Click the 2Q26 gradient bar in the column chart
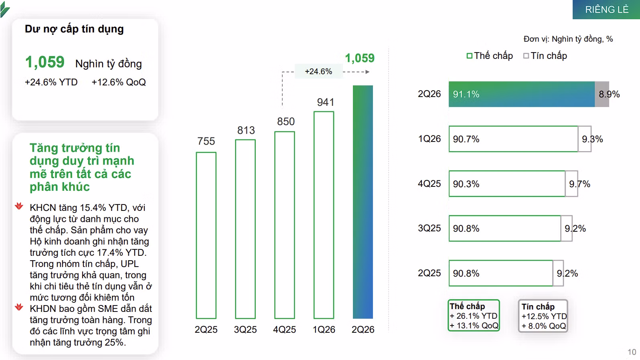click(x=363, y=202)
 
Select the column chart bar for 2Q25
click(x=206, y=235)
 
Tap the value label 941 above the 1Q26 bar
click(x=326, y=102)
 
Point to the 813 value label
click(x=246, y=130)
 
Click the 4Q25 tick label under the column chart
click(x=285, y=330)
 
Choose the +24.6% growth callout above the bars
click(x=318, y=71)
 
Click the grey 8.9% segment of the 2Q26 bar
click(x=602, y=94)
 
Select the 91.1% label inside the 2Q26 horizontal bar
click(x=466, y=94)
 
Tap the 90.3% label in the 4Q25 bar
click(x=466, y=184)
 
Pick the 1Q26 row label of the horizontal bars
click(x=429, y=139)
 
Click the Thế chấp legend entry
click(x=490, y=56)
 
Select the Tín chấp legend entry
click(x=545, y=56)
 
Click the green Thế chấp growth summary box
click(x=474, y=316)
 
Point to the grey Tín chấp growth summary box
click(x=543, y=316)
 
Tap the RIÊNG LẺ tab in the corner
click(x=607, y=10)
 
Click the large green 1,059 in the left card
click(x=45, y=62)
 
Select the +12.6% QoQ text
click(x=119, y=82)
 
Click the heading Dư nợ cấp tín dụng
click(x=74, y=29)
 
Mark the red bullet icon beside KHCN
click(x=19, y=206)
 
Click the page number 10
click(x=632, y=352)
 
